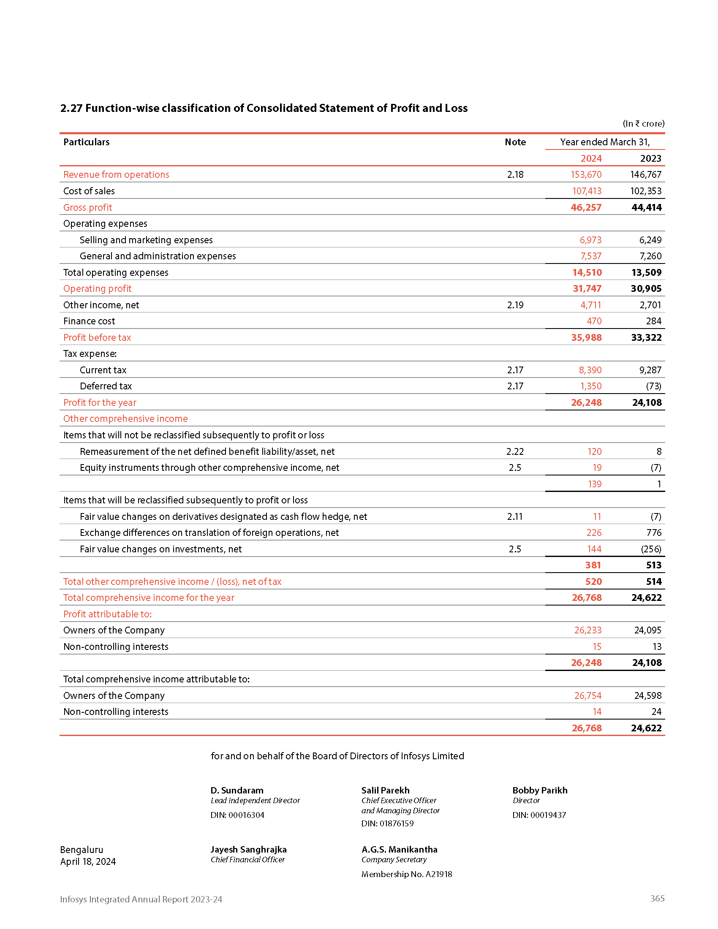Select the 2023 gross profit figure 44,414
click(646, 208)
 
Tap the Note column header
click(515, 142)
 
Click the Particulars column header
click(86, 142)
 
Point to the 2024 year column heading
click(591, 159)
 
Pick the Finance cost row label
click(89, 321)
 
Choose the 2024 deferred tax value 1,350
click(590, 386)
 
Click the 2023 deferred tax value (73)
click(653, 386)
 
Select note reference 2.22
click(515, 451)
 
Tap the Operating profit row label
click(98, 288)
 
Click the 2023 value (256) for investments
click(651, 549)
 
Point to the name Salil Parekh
click(385, 790)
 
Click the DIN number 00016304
click(246, 815)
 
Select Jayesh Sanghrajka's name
click(248, 850)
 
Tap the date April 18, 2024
click(88, 861)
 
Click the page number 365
click(657, 898)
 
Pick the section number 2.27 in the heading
click(71, 109)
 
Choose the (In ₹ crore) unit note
click(643, 124)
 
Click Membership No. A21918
click(407, 874)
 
